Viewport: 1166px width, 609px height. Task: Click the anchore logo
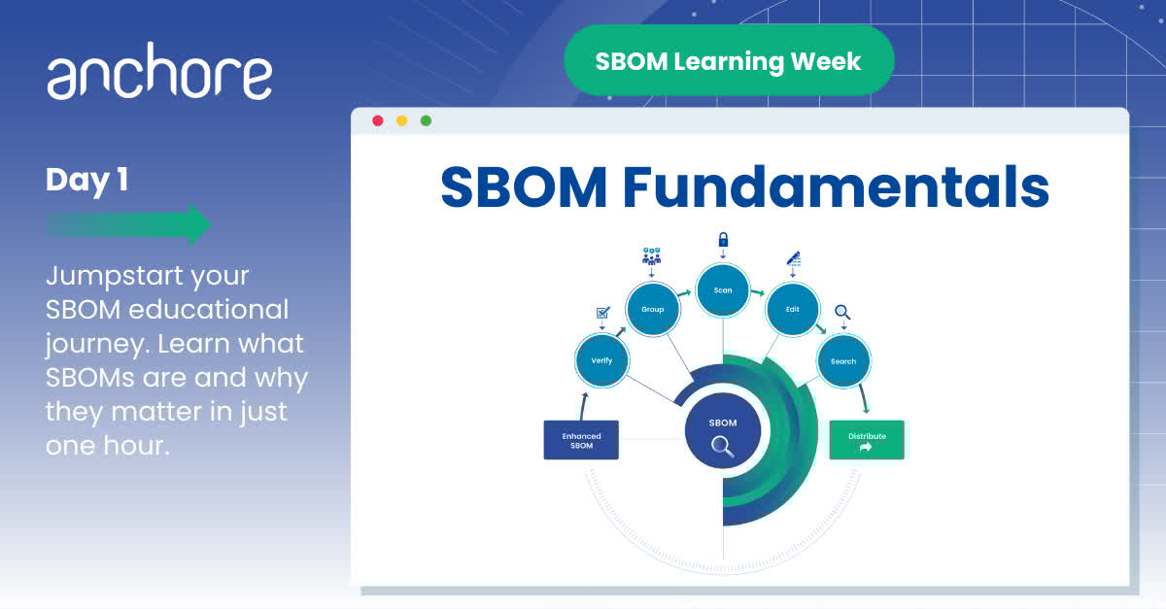click(159, 76)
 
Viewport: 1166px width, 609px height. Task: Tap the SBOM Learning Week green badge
click(728, 61)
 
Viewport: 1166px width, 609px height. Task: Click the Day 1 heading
click(86, 180)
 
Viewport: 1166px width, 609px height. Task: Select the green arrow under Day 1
click(128, 224)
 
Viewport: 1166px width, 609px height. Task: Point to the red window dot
click(378, 120)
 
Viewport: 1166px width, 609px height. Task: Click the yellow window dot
click(401, 120)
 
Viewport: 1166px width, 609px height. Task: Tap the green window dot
click(426, 120)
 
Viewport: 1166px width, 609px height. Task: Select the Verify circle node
click(601, 360)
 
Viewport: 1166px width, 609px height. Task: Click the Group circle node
click(652, 309)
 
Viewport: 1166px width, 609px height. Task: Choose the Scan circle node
click(723, 289)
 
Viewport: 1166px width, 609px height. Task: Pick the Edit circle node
click(792, 309)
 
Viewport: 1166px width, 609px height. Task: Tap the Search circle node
click(843, 361)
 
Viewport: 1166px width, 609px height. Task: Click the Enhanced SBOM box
click(581, 440)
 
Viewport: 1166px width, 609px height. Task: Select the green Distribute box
click(866, 440)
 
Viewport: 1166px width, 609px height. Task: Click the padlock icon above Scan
click(723, 240)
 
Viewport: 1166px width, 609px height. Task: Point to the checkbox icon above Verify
click(601, 313)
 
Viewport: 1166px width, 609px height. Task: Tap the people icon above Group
click(651, 256)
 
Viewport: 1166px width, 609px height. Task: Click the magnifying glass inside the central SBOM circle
click(722, 446)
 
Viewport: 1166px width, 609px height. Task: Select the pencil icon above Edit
click(793, 258)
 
